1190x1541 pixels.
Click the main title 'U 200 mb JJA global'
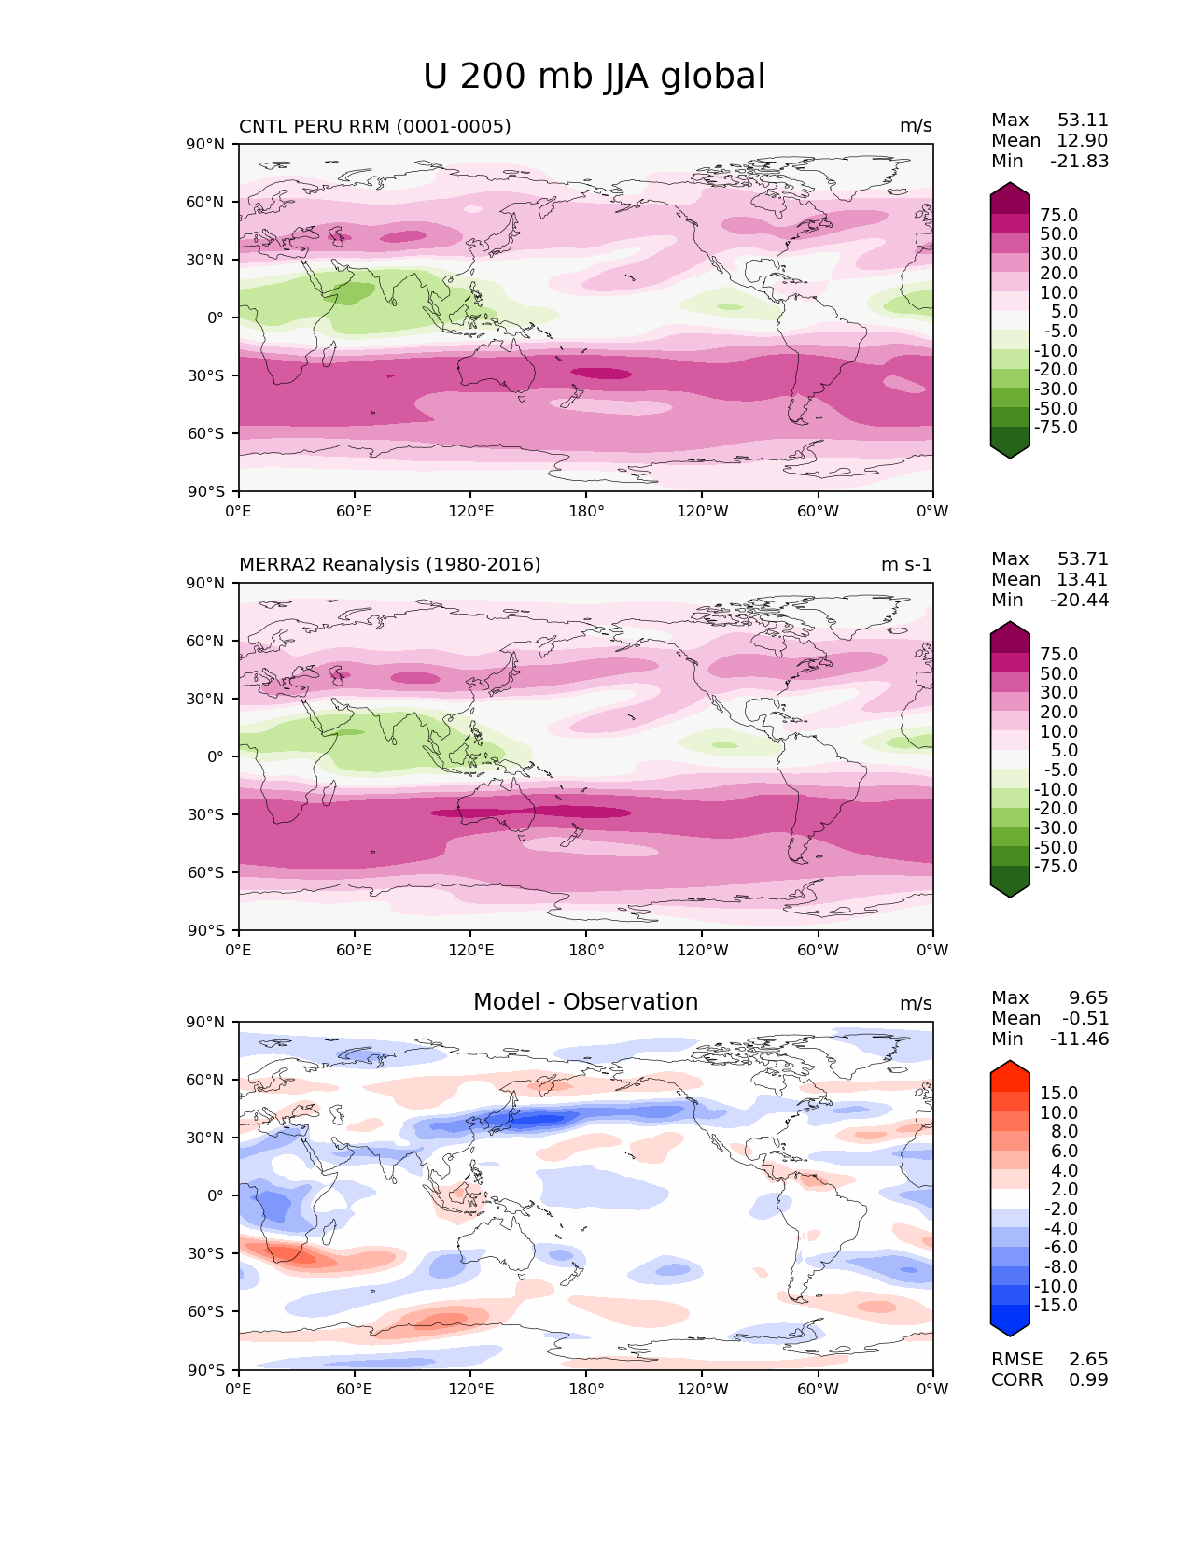tap(594, 77)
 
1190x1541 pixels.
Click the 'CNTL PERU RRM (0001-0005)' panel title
tap(374, 126)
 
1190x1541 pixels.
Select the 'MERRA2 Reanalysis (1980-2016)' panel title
tap(389, 565)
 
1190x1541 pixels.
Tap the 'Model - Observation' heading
tap(585, 1002)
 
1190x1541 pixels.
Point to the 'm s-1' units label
tap(906, 565)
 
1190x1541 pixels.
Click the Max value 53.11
tap(1083, 120)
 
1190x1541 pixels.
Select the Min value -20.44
tap(1080, 601)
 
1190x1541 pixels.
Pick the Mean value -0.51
tap(1085, 1019)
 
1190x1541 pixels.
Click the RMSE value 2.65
tap(1088, 1360)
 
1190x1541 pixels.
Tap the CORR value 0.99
tap(1088, 1380)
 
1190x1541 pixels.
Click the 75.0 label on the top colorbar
tap(1058, 216)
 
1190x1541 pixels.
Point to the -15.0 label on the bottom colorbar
tap(1056, 1306)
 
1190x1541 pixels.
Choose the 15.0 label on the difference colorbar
tap(1058, 1094)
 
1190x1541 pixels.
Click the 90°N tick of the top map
tap(206, 145)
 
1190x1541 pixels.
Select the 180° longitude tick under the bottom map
tap(586, 1390)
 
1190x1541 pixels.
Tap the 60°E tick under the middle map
tap(355, 951)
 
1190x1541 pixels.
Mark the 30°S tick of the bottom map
tap(206, 1253)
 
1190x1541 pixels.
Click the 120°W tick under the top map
tap(702, 512)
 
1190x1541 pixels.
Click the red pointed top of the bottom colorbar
tap(1010, 1067)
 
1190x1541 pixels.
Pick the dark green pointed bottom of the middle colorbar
tap(1010, 890)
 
